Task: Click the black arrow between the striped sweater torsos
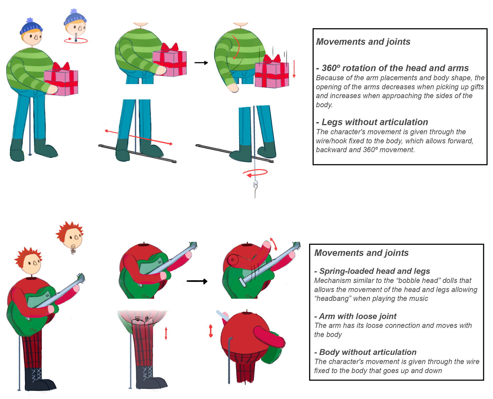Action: pos(201,63)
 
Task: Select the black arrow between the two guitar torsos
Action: pos(197,281)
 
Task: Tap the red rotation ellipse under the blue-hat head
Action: pos(76,41)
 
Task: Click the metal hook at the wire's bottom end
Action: pos(255,186)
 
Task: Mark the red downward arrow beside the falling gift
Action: pos(294,69)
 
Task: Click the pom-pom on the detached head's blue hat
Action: pos(74,11)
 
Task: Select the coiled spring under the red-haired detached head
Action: pos(73,249)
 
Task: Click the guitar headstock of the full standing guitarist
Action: pos(81,278)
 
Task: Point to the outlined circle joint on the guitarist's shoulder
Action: pos(233,260)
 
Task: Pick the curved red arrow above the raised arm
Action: pos(273,244)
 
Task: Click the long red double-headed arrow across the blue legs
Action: pos(139,138)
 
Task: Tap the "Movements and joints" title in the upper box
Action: pos(363,42)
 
